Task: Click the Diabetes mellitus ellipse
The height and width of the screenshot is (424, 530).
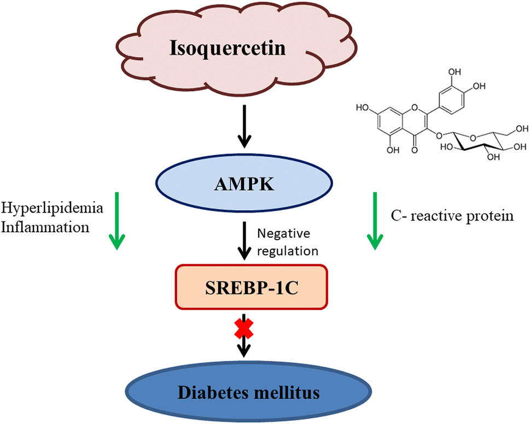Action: coord(243,392)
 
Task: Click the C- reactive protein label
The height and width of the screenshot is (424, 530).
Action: coord(452,216)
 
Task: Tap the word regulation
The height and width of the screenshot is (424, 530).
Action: coord(287,251)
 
